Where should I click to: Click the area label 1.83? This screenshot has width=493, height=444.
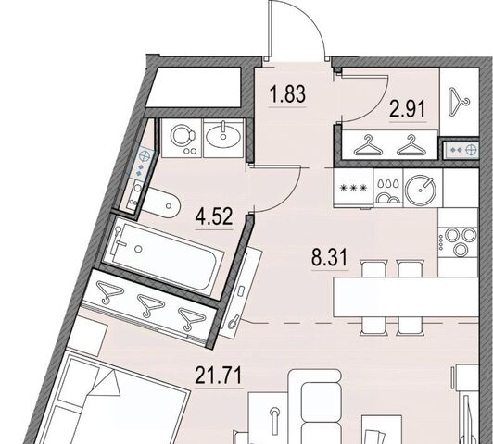(287, 94)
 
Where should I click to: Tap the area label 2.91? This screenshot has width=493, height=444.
(408, 108)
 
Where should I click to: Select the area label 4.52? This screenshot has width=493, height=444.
(214, 216)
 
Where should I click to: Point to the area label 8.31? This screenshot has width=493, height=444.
(330, 257)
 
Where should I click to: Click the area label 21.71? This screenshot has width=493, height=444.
(219, 376)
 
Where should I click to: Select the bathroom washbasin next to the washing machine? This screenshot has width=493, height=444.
(223, 137)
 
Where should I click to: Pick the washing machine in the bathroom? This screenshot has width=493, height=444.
(183, 138)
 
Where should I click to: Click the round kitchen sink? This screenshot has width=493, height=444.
(421, 190)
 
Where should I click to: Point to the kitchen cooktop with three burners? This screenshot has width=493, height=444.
(459, 239)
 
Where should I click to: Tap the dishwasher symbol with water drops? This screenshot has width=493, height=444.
(388, 190)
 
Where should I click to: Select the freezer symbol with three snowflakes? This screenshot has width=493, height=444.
(353, 189)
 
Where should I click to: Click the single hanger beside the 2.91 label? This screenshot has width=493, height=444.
(459, 98)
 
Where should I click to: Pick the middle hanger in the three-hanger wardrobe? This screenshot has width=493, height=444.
(151, 305)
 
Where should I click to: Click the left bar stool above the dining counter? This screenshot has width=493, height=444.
(374, 268)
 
